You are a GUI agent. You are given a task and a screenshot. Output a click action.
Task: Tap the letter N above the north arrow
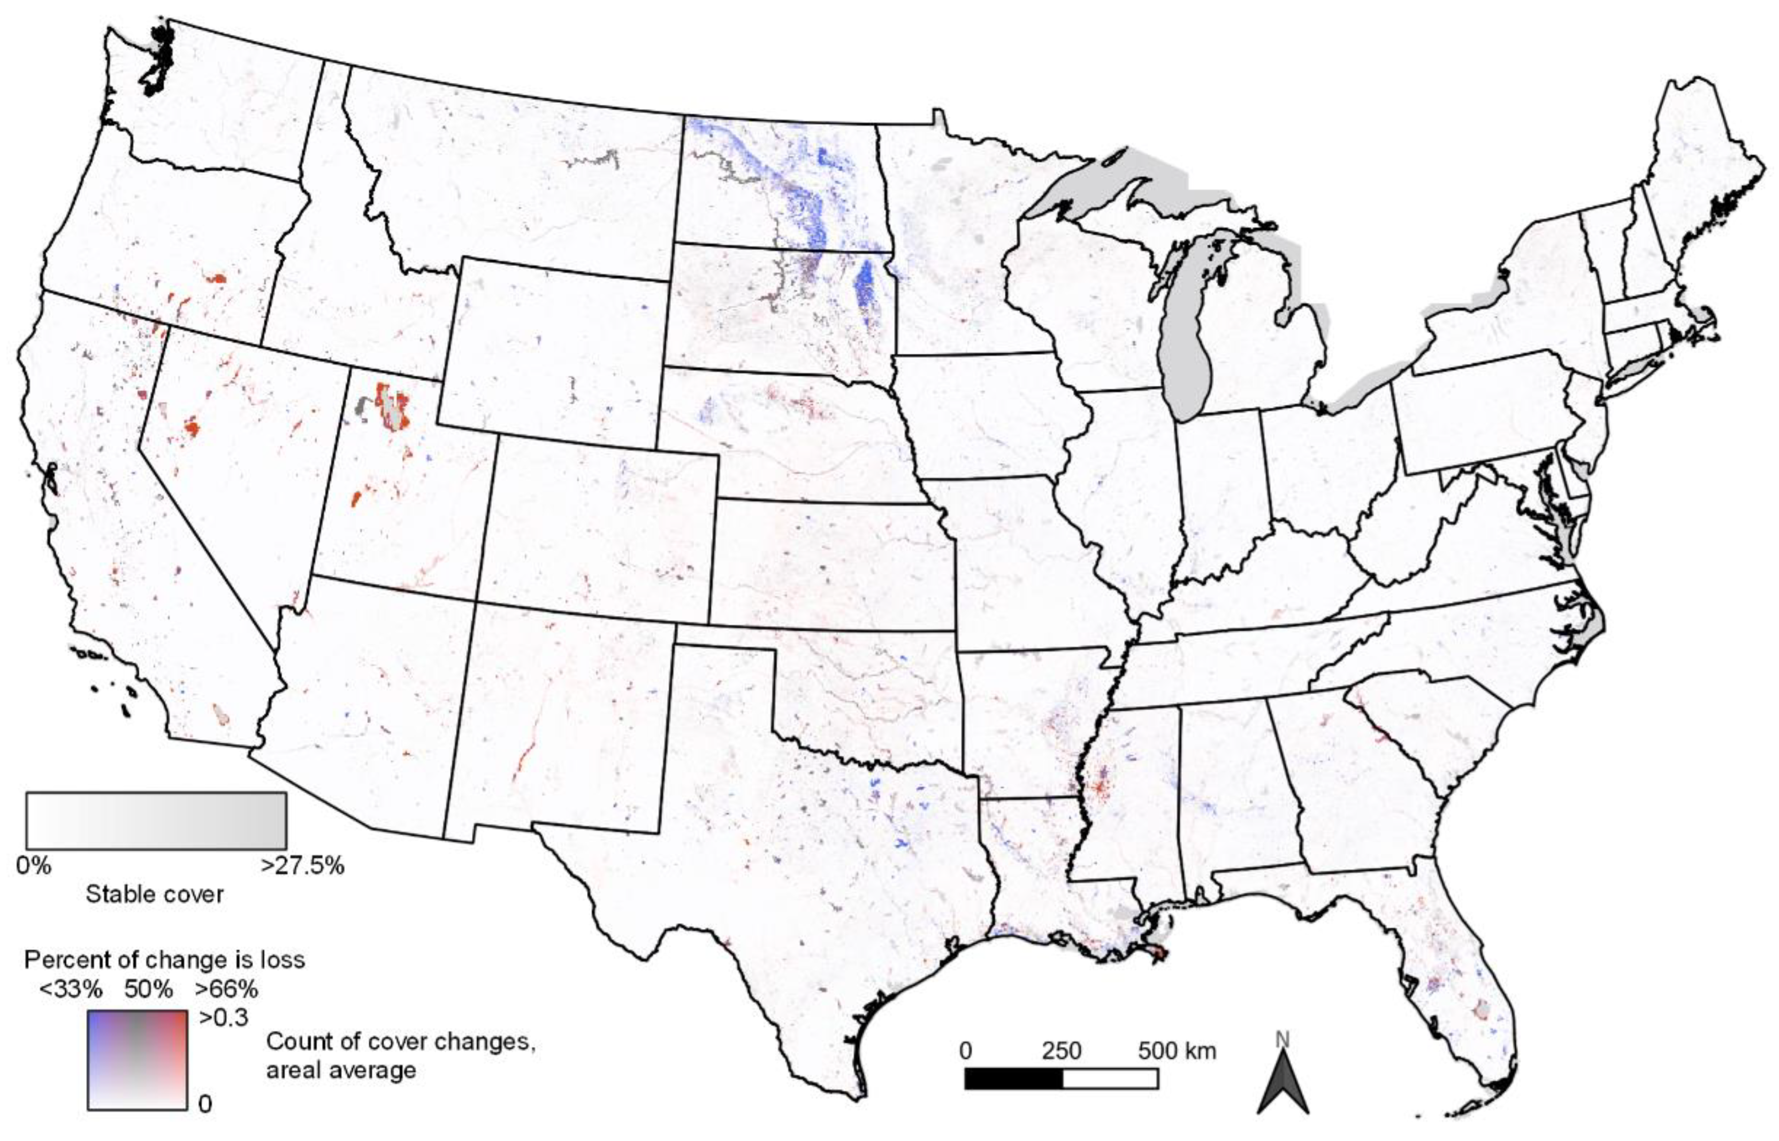[1282, 1040]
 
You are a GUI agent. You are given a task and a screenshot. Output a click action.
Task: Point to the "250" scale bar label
[1062, 1051]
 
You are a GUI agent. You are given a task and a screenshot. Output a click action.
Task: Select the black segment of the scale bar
[1013, 1079]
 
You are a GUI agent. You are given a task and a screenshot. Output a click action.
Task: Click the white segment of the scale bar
[1110, 1079]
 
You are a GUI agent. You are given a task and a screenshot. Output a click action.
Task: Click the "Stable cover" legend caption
[154, 894]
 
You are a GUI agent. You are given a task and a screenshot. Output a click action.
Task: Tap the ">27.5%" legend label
[303, 865]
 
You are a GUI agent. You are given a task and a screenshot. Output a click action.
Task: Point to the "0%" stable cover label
[34, 865]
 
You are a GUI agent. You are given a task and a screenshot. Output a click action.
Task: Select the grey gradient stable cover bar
[156, 820]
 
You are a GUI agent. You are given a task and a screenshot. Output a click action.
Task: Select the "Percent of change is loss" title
[164, 960]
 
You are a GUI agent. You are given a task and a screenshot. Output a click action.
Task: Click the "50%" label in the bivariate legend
[148, 989]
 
